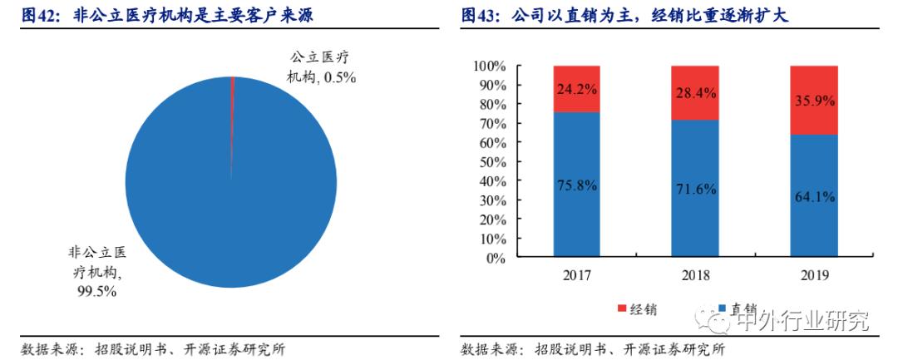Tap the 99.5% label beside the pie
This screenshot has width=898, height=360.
(98, 291)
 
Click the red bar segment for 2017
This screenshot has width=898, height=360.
(575, 89)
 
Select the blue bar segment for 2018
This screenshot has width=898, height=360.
(695, 189)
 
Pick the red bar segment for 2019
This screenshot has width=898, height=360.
(813, 100)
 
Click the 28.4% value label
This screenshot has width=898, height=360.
(695, 93)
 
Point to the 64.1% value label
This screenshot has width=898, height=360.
(813, 197)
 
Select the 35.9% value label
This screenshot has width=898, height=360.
(813, 101)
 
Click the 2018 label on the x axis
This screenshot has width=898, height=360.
(695, 275)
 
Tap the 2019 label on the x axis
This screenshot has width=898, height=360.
(813, 275)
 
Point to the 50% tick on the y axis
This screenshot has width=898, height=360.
(491, 162)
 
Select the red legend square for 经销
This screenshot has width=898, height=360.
(621, 309)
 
